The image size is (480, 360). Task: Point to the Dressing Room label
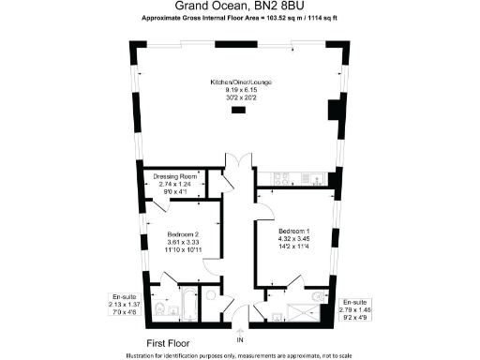point(174,175)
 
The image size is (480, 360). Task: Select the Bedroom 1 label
point(294,230)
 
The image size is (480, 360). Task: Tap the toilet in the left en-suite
point(159,309)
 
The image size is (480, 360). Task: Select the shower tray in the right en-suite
point(302,308)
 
